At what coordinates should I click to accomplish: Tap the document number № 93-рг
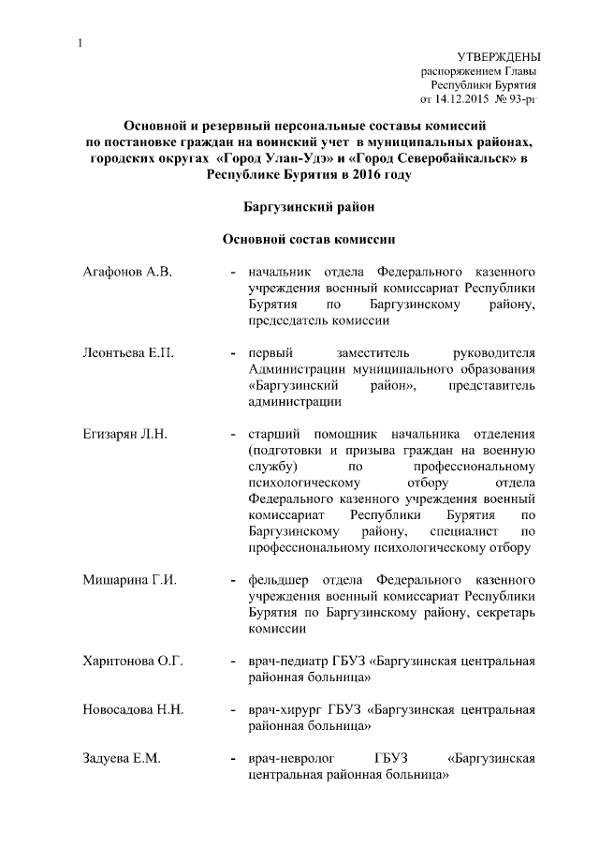point(517,98)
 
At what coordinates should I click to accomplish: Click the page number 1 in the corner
point(81,42)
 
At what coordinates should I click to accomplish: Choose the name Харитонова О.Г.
point(132,661)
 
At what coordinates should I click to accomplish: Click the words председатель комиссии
point(318,320)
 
